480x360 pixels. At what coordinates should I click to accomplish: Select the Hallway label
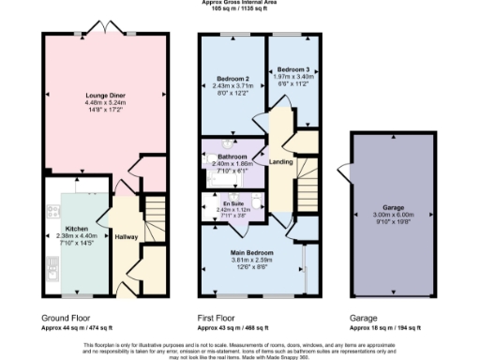(x=126, y=236)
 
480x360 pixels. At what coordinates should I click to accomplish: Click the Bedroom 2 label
(x=232, y=78)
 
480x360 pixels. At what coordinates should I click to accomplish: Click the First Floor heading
(x=222, y=318)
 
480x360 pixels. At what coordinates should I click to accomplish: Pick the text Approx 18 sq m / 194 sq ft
(x=386, y=330)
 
